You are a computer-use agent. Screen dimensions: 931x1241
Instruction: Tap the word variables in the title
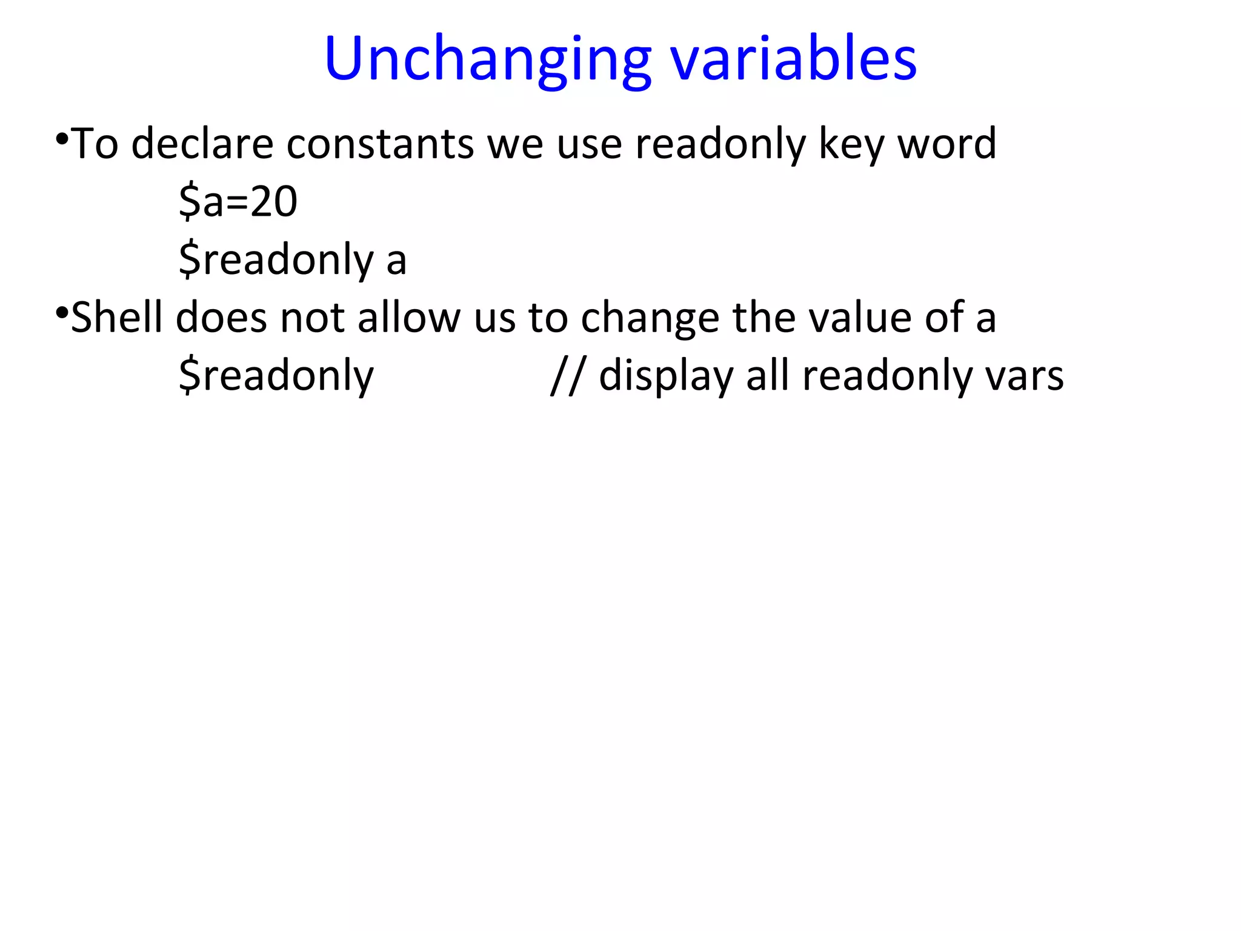[793, 59]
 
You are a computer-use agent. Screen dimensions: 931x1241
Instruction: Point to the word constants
[380, 144]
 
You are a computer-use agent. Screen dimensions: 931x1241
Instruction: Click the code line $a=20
[238, 201]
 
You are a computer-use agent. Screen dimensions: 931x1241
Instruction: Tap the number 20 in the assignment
[274, 201]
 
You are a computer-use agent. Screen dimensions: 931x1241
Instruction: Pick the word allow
[409, 318]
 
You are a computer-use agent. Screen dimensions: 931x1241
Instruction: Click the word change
[650, 318]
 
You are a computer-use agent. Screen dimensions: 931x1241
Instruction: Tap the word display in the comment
[666, 376]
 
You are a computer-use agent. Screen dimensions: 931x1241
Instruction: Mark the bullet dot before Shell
[61, 313]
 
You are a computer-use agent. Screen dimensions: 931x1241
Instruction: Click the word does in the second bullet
[221, 318]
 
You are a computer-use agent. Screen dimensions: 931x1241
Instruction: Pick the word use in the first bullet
[590, 144]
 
